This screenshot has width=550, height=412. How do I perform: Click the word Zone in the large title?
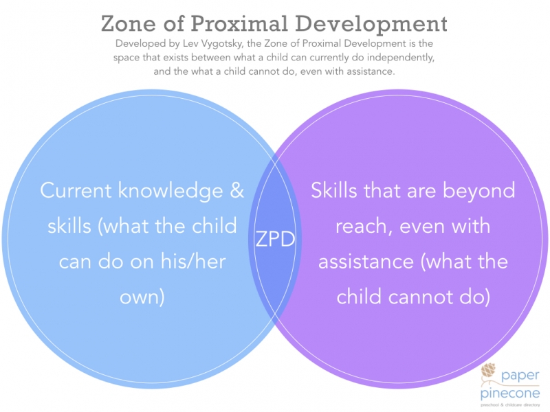click(x=129, y=23)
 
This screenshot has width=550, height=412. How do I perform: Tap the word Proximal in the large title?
click(x=239, y=23)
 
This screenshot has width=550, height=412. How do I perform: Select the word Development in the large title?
click(x=371, y=25)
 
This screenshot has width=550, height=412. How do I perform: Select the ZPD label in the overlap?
click(x=275, y=239)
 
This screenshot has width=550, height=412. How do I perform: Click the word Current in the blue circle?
click(x=76, y=190)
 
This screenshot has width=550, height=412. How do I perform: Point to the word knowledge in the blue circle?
click(x=170, y=192)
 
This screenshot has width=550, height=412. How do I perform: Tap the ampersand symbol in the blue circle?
click(x=236, y=191)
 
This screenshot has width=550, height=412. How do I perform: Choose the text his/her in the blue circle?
click(x=192, y=261)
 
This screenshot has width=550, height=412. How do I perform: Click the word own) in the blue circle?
click(x=142, y=297)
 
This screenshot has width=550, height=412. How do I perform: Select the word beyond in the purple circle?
click(x=478, y=192)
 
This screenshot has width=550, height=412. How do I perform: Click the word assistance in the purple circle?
click(x=366, y=262)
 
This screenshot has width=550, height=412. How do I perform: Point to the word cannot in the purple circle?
click(x=422, y=297)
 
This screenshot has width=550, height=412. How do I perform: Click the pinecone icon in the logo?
click(x=488, y=370)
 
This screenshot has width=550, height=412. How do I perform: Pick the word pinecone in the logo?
click(x=510, y=393)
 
